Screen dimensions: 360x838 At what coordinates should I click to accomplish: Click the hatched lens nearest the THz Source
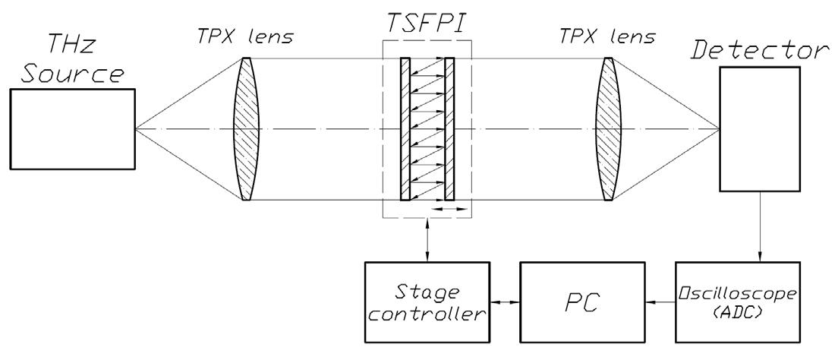245,129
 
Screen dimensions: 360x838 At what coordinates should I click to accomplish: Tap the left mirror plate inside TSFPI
405,129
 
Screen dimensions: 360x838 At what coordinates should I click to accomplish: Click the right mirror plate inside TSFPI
449,129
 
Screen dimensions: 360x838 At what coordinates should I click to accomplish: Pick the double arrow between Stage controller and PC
503,302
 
